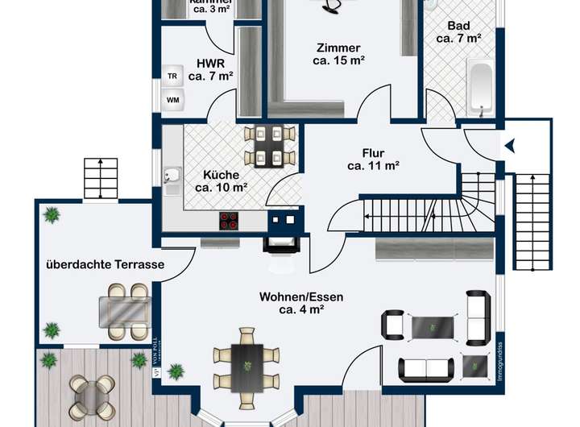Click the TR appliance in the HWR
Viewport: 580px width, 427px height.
[172, 76]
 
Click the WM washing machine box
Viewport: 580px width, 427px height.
[172, 100]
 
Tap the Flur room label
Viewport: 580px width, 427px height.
[373, 153]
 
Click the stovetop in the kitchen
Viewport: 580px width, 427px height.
[230, 220]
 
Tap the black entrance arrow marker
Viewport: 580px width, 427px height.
[509, 146]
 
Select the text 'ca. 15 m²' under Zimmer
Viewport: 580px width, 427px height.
[338, 60]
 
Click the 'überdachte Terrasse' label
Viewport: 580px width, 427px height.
[105, 264]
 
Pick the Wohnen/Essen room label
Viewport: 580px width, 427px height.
[301, 296]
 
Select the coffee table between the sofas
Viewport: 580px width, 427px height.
[433, 328]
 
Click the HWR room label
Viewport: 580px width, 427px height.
[210, 62]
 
